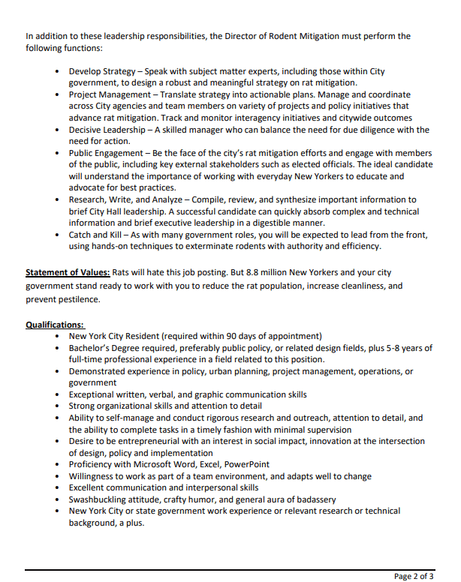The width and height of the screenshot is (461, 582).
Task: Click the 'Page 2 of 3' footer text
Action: [414, 576]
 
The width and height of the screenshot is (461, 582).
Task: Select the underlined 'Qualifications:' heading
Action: [55, 325]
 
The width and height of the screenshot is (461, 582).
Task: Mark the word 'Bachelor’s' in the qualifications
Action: [92, 348]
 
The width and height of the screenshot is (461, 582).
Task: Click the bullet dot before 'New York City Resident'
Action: [59, 337]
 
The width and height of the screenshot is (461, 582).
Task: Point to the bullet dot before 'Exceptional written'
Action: [59, 394]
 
